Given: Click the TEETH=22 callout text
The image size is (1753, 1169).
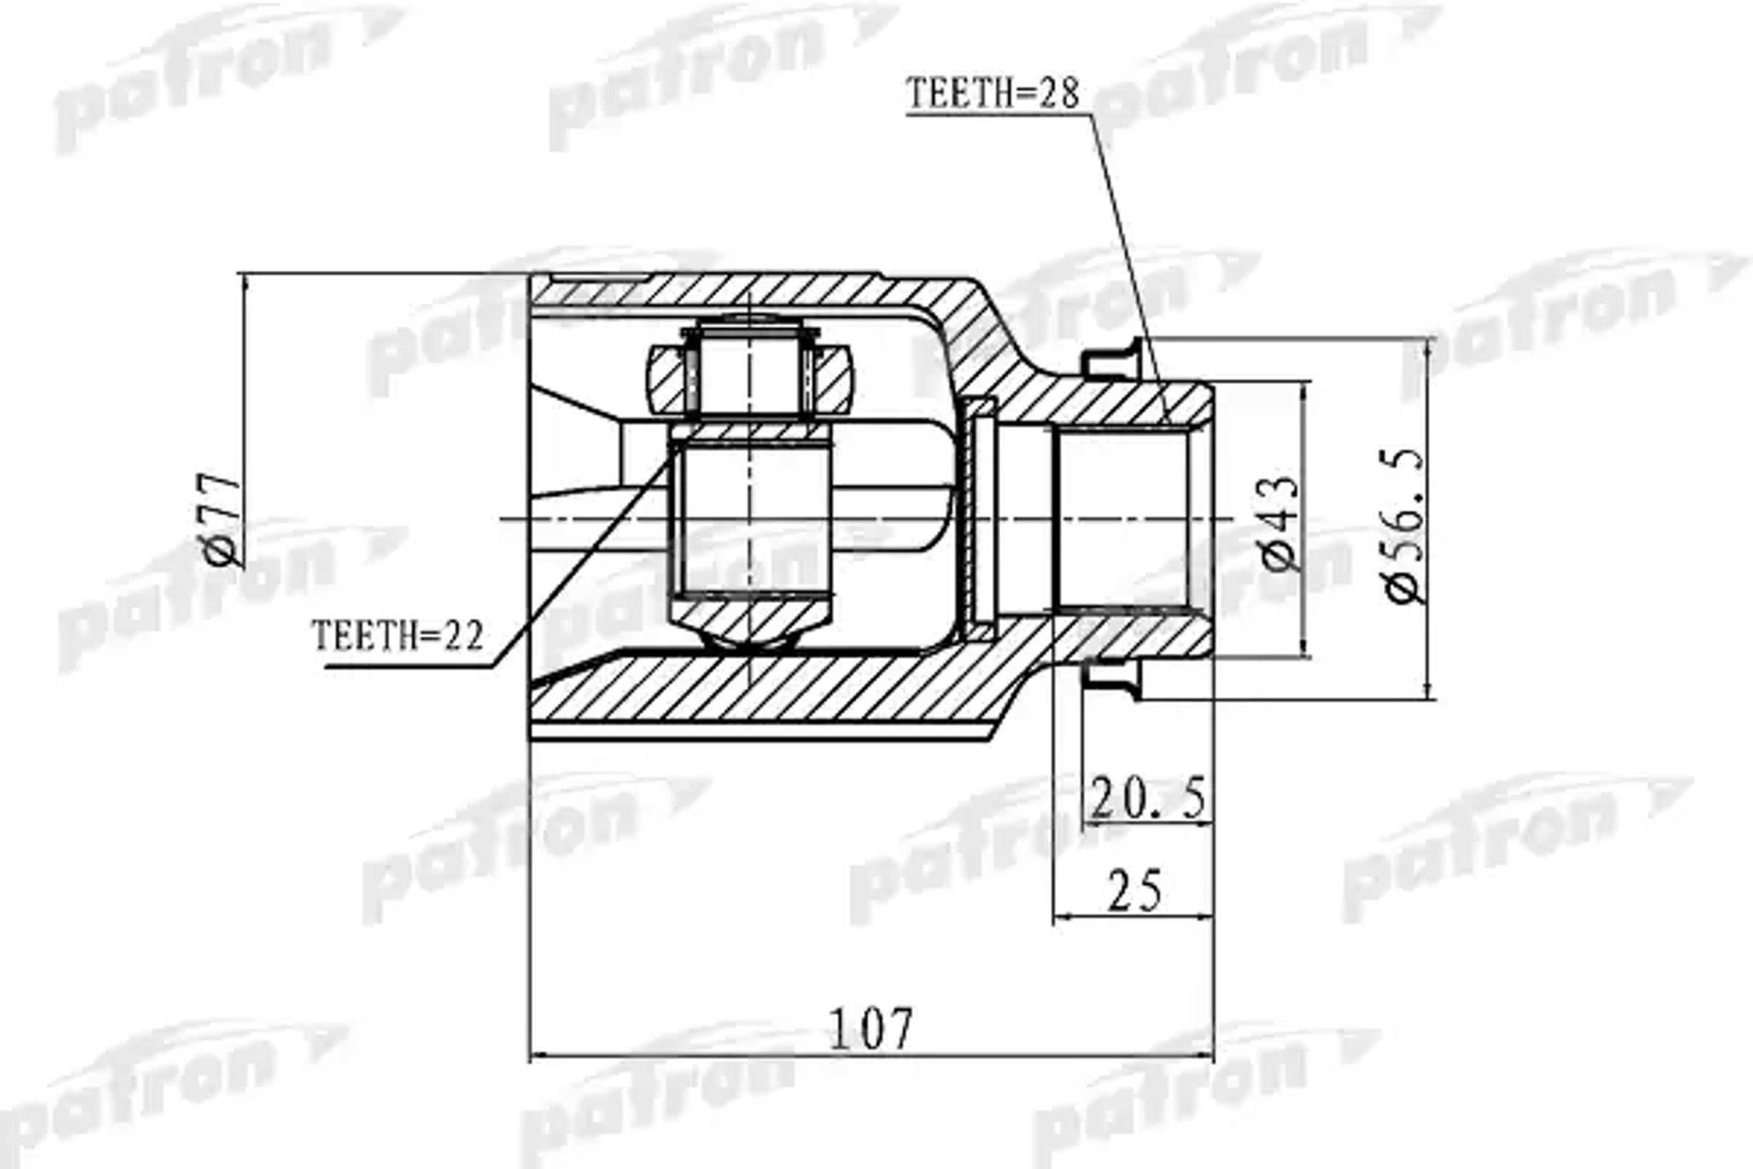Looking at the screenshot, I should [397, 636].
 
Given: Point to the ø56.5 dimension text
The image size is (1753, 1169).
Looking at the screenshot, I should [1404, 525].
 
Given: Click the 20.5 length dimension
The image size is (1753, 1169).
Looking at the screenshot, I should [1147, 798].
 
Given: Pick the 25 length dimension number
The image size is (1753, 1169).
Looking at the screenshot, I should [1134, 891].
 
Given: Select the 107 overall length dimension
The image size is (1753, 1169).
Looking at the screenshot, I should [870, 1029].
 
